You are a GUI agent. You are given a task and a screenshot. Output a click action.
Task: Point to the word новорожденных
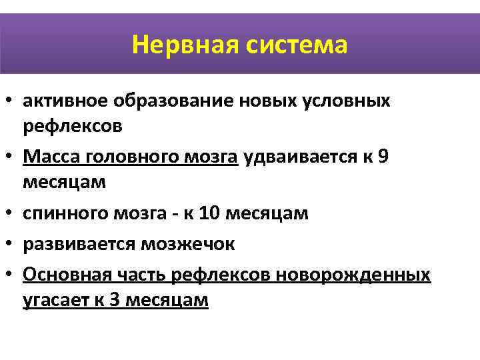pyautogui.click(x=361, y=274)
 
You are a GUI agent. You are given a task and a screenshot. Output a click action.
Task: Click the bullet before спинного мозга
pyautogui.click(x=11, y=214)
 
